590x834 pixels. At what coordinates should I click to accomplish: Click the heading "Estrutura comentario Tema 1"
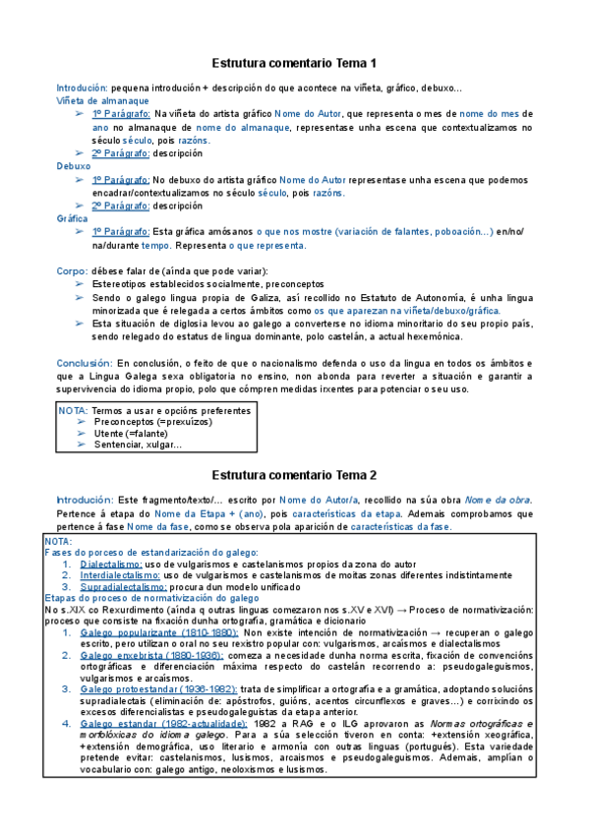(295, 63)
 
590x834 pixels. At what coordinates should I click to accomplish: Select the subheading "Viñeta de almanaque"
(102, 100)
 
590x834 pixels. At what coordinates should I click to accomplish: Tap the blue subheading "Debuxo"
(74, 166)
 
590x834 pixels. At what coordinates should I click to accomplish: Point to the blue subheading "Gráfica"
(73, 217)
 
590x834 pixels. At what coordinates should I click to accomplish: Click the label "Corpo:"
(73, 270)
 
